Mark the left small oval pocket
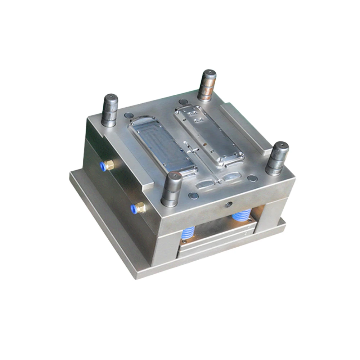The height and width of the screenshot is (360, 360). [204, 185]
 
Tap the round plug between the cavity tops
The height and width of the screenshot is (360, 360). [183, 102]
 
